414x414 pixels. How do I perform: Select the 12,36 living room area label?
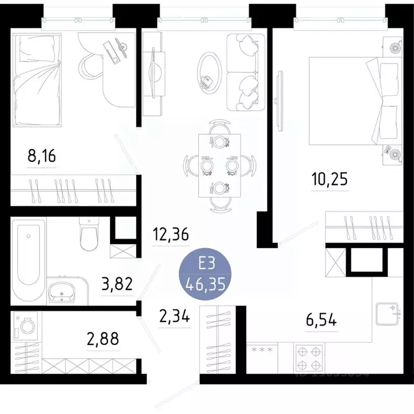click(x=170, y=236)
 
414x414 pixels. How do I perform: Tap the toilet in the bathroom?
click(x=88, y=234)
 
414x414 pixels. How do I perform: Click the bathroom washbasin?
click(x=63, y=293)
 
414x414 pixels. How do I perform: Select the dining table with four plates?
click(x=218, y=164)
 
